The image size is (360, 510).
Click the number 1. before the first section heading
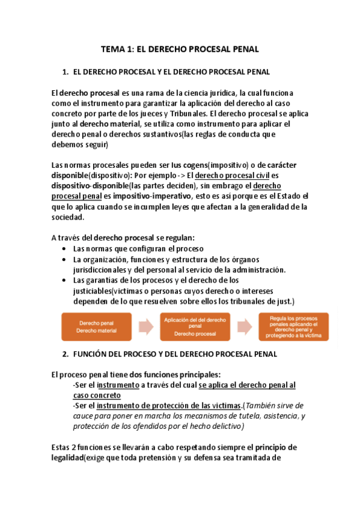[66, 72]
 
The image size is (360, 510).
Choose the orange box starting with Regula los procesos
[293, 327]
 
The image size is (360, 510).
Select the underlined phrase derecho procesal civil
[231, 176]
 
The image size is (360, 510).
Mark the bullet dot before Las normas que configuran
[65, 249]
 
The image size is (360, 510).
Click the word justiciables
[92, 291]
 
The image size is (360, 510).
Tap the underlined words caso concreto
[96, 395]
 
